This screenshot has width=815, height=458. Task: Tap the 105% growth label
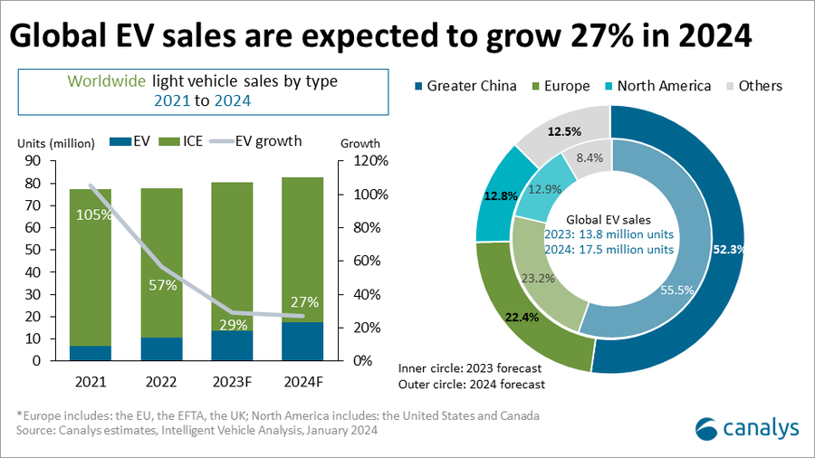[x=94, y=215]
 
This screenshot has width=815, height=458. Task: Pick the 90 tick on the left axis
[x=33, y=161]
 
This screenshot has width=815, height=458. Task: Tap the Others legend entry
[x=751, y=86]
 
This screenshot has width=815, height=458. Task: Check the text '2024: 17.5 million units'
[x=609, y=250]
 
